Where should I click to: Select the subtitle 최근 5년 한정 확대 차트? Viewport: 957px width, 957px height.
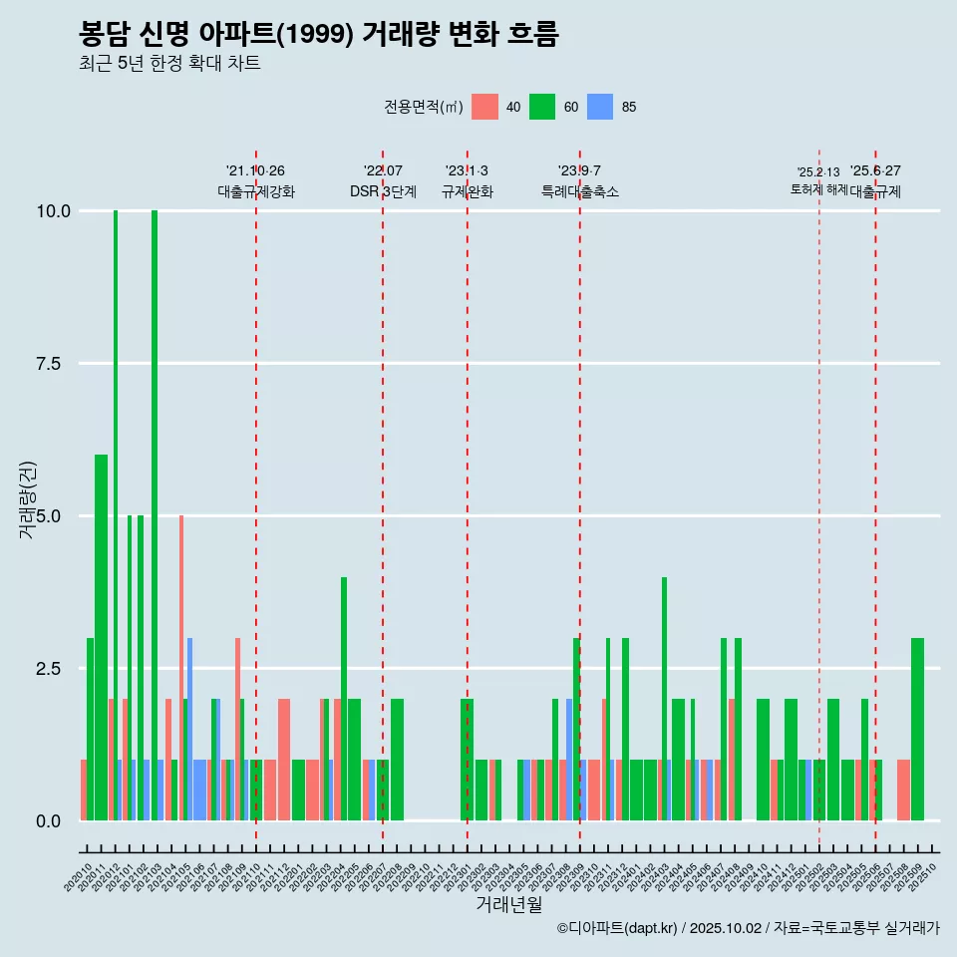coord(169,64)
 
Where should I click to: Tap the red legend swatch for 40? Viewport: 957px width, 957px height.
coord(484,107)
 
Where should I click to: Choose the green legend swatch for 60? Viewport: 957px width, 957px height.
coord(542,107)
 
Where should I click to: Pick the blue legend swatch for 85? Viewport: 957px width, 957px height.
coord(600,107)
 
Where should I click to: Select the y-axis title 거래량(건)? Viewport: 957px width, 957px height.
coord(27,500)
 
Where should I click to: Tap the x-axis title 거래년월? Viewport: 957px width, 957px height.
coord(508,905)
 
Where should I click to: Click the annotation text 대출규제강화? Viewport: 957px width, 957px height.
coord(256,191)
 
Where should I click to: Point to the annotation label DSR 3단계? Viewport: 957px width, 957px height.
coord(383,191)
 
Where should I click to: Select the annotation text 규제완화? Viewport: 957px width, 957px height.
coord(468,191)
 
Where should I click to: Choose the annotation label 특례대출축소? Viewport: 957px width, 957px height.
coord(580,191)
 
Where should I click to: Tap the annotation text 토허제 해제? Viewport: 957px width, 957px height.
coord(819,188)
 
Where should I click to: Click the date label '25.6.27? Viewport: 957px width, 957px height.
coord(875,170)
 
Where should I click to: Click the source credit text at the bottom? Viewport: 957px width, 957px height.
coord(748,928)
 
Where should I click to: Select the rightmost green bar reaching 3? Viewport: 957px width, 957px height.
coord(917,730)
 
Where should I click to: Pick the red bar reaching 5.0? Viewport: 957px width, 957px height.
coord(181,668)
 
